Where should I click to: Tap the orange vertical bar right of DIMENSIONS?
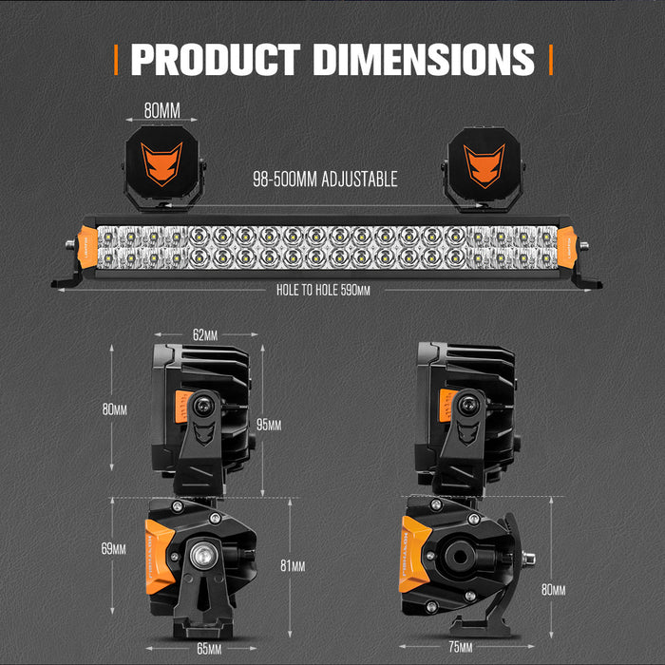[x=550, y=59]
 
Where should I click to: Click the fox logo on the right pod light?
[x=484, y=160]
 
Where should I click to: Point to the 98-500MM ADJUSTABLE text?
[x=325, y=179]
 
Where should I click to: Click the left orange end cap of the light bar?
[x=86, y=246]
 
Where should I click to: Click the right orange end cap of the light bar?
[x=568, y=246]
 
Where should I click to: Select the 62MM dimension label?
[x=204, y=334]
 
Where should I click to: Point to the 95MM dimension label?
[x=269, y=425]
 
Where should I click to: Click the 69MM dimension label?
[x=112, y=548]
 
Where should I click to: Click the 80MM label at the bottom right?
[x=553, y=590]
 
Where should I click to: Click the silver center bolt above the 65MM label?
[x=203, y=554]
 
